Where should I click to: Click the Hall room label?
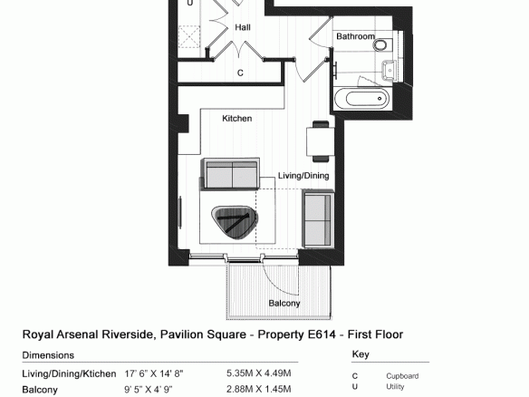coord(243,27)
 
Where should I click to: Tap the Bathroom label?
coord(356,36)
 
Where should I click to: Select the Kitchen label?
coord(236,119)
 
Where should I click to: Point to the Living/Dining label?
coord(303,176)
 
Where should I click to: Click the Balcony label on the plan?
coord(284,303)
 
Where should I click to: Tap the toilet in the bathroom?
coord(383,44)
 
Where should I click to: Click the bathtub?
coord(362,99)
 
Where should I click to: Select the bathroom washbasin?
coord(390,70)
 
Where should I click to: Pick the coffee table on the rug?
coord(234,222)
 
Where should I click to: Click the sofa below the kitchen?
coord(230,173)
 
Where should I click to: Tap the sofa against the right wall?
coord(319,218)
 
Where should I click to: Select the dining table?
coord(320,141)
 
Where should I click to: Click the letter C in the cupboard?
coord(240,73)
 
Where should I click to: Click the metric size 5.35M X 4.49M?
coord(259,373)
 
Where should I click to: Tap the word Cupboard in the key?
coord(402,376)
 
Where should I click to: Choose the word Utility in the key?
coord(395,386)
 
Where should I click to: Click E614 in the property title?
coord(322,334)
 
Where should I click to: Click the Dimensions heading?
coord(48,355)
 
